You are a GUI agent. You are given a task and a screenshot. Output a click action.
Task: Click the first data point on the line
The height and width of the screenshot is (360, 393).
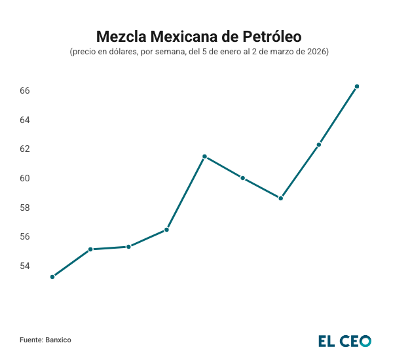(x=52, y=277)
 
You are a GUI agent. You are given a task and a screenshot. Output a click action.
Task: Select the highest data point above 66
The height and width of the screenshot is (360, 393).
(x=357, y=86)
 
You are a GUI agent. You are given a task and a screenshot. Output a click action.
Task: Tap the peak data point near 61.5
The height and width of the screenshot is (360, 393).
(x=204, y=156)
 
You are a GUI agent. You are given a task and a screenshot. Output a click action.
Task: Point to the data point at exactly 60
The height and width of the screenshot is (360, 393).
(x=243, y=178)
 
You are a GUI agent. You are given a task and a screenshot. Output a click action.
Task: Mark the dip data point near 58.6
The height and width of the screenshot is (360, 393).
(x=281, y=198)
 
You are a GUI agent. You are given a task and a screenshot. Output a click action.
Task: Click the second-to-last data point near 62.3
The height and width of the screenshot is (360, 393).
(x=319, y=145)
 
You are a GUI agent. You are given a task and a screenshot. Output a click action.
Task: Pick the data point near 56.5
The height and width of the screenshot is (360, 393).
(x=166, y=230)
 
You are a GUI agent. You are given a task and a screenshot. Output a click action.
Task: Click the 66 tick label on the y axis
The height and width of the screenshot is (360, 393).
(x=26, y=90)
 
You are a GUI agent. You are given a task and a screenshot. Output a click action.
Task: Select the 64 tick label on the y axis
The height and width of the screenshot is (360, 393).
(x=26, y=120)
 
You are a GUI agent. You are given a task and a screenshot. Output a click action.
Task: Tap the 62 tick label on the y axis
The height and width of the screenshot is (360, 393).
(x=26, y=149)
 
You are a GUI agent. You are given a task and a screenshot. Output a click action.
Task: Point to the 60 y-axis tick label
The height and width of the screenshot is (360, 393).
(x=26, y=178)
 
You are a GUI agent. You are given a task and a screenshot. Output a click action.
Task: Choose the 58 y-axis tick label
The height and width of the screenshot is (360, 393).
(x=26, y=207)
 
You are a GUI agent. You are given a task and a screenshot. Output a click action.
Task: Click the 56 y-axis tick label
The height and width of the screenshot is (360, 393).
(x=26, y=236)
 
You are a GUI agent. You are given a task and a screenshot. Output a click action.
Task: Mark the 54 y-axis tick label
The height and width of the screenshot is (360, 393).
(x=26, y=266)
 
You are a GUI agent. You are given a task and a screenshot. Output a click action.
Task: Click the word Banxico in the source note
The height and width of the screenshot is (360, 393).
(x=58, y=340)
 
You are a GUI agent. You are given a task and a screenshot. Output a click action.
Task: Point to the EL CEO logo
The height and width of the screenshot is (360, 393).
(x=345, y=340)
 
